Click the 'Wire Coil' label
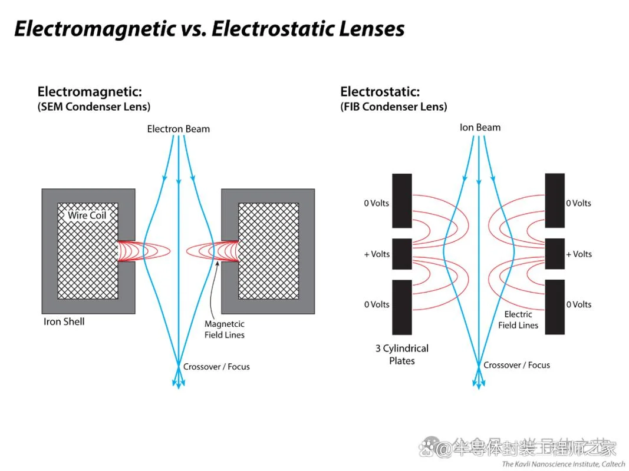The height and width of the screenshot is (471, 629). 87,215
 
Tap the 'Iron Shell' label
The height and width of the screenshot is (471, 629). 64,321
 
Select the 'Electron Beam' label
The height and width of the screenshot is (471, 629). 179,129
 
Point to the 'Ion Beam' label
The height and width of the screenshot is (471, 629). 480,127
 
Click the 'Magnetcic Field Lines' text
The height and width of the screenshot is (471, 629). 225,329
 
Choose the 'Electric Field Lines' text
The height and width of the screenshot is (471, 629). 518,320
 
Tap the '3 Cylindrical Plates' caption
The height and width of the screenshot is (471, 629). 402,354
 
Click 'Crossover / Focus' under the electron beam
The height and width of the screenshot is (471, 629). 216,366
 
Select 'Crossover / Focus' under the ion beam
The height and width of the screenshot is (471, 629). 516,365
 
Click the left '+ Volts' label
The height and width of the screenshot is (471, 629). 377,254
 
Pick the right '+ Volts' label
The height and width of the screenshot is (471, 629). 579,254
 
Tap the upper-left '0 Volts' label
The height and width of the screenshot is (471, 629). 377,203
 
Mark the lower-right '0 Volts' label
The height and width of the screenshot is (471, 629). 579,304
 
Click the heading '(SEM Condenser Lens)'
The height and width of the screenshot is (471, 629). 94,107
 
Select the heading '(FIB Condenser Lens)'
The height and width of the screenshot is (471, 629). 394,107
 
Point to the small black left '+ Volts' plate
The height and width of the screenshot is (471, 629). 402,254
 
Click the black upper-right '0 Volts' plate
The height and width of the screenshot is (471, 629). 555,201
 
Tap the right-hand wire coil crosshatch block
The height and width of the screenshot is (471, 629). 269,251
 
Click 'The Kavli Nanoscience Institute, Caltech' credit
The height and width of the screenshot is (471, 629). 563,464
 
